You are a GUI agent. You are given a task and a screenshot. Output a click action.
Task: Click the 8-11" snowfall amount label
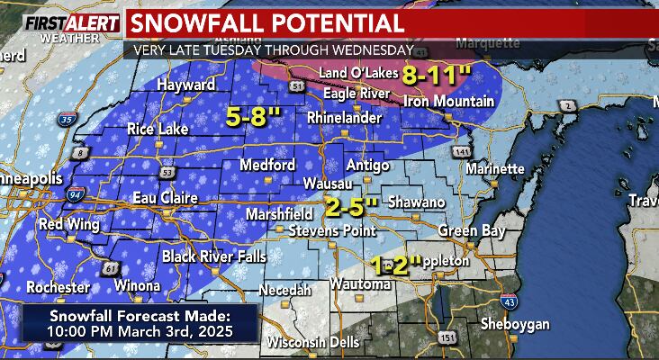435,75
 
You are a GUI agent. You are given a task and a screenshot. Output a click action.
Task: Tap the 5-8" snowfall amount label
253,117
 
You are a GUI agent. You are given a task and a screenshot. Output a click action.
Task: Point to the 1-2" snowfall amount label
396,265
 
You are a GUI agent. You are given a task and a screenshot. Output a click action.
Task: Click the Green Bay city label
464,230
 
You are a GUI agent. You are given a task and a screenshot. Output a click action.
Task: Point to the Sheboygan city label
509,322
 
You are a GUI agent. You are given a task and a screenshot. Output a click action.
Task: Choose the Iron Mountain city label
442,101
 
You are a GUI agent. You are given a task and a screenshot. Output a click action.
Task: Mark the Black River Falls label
214,257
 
